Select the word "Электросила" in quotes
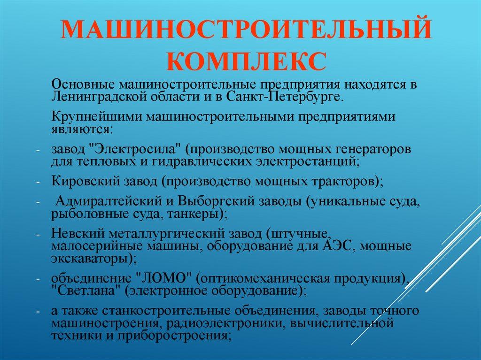tap(134, 150)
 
